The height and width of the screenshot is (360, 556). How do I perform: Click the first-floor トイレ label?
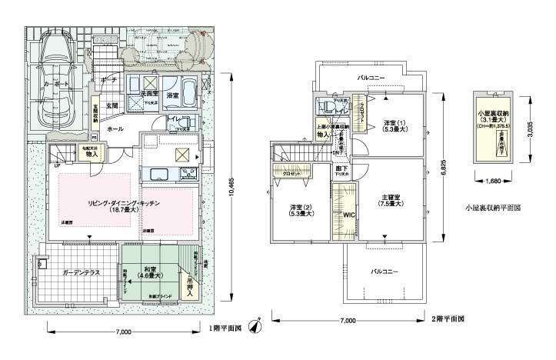point(174,119)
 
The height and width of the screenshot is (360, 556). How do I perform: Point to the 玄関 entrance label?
point(111,105)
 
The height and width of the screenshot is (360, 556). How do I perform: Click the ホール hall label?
point(115,128)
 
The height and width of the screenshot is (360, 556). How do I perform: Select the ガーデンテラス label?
point(79,272)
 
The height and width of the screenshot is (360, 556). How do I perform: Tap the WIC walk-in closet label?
point(348,215)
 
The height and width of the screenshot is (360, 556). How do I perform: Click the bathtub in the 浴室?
point(187,84)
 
